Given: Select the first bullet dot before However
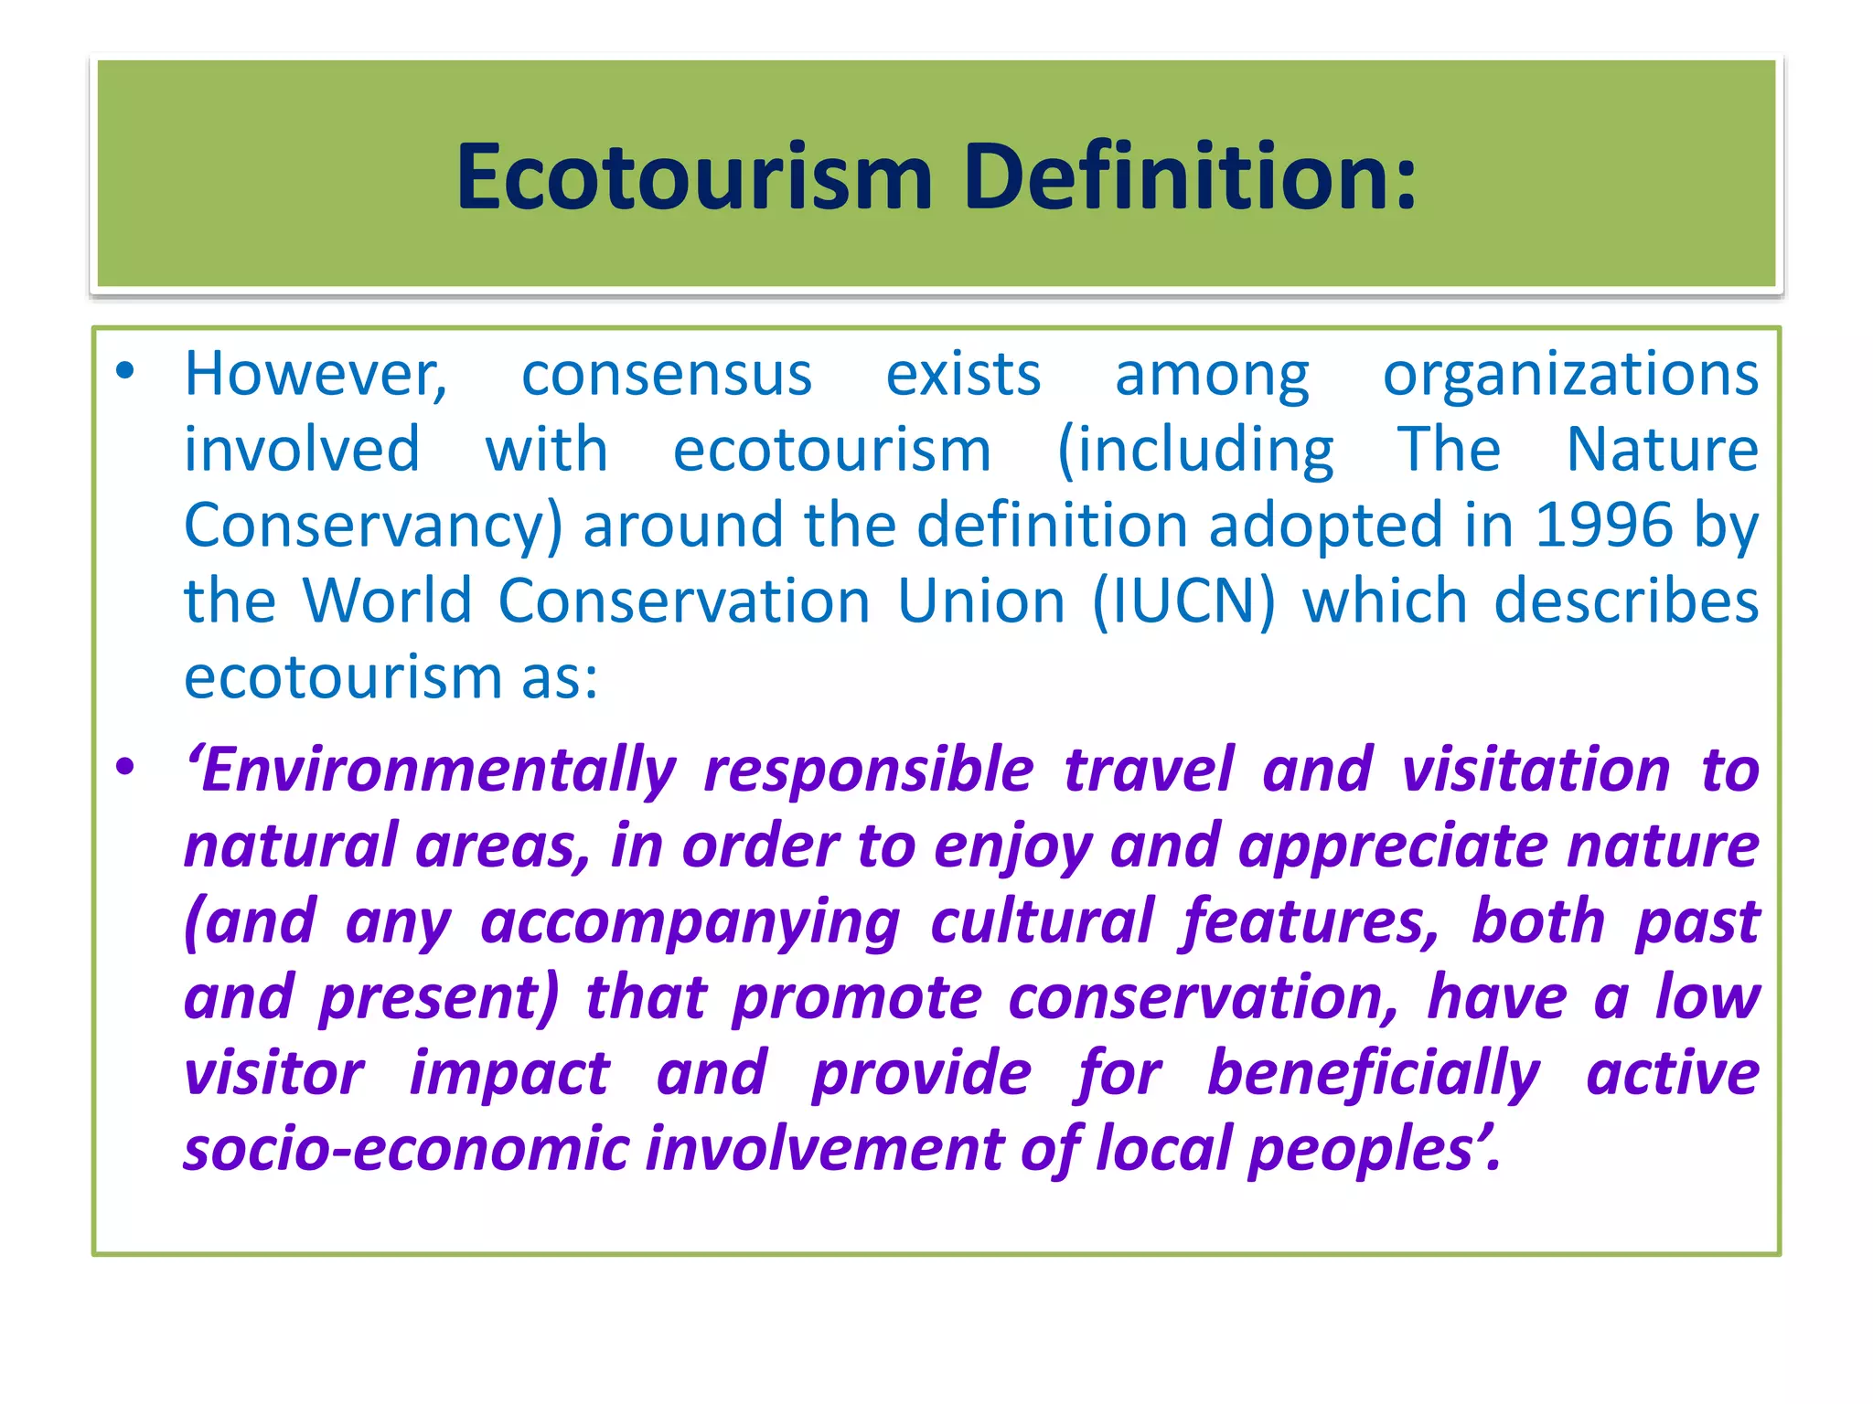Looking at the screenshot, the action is click(x=125, y=371).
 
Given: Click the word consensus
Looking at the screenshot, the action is click(x=667, y=374).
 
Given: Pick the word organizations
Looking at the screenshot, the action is click(x=1570, y=374).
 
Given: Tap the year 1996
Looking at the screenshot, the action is click(x=1603, y=525).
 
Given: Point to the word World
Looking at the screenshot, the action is click(x=387, y=601).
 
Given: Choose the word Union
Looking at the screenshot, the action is click(x=981, y=601).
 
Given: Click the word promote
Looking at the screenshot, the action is click(x=857, y=999).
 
